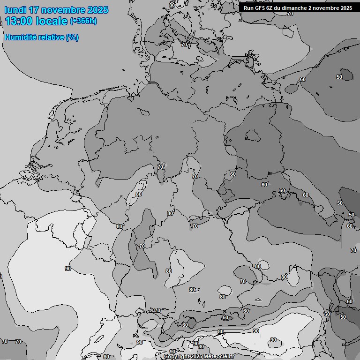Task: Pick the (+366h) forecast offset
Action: pos(83,21)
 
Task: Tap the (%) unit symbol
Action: pos(72,37)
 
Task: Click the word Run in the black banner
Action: pos(248,7)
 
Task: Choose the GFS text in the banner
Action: pos(260,7)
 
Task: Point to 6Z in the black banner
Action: pos(271,7)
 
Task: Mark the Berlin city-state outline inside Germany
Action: pos(253,135)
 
